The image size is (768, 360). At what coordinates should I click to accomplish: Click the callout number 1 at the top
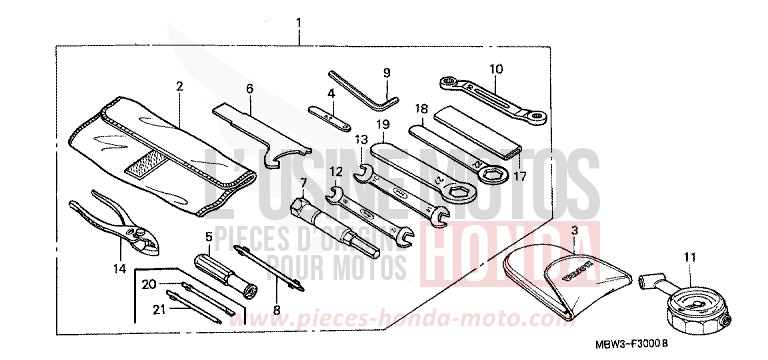coord(298,21)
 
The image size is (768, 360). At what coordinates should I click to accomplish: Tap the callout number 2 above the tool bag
coord(179,87)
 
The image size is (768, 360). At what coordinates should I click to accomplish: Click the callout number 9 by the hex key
coord(386,72)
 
